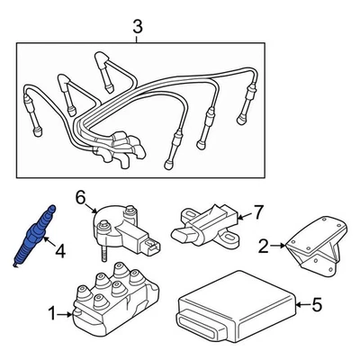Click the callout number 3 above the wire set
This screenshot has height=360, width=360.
138,27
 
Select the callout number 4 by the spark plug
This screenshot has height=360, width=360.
60,251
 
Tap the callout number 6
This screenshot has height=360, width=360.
81,198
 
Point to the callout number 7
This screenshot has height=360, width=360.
258,212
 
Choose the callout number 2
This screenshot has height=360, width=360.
263,246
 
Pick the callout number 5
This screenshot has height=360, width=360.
316,304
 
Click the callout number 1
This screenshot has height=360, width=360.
52,315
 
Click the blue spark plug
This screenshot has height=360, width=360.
35,236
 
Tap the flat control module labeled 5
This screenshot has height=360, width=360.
237,309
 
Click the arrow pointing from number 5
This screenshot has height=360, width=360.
302,305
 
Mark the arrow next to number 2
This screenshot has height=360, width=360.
277,246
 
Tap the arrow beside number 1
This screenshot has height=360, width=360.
65,315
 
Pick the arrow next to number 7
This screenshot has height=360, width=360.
245,215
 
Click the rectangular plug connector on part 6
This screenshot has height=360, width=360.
151,247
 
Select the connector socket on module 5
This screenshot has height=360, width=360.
196,327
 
